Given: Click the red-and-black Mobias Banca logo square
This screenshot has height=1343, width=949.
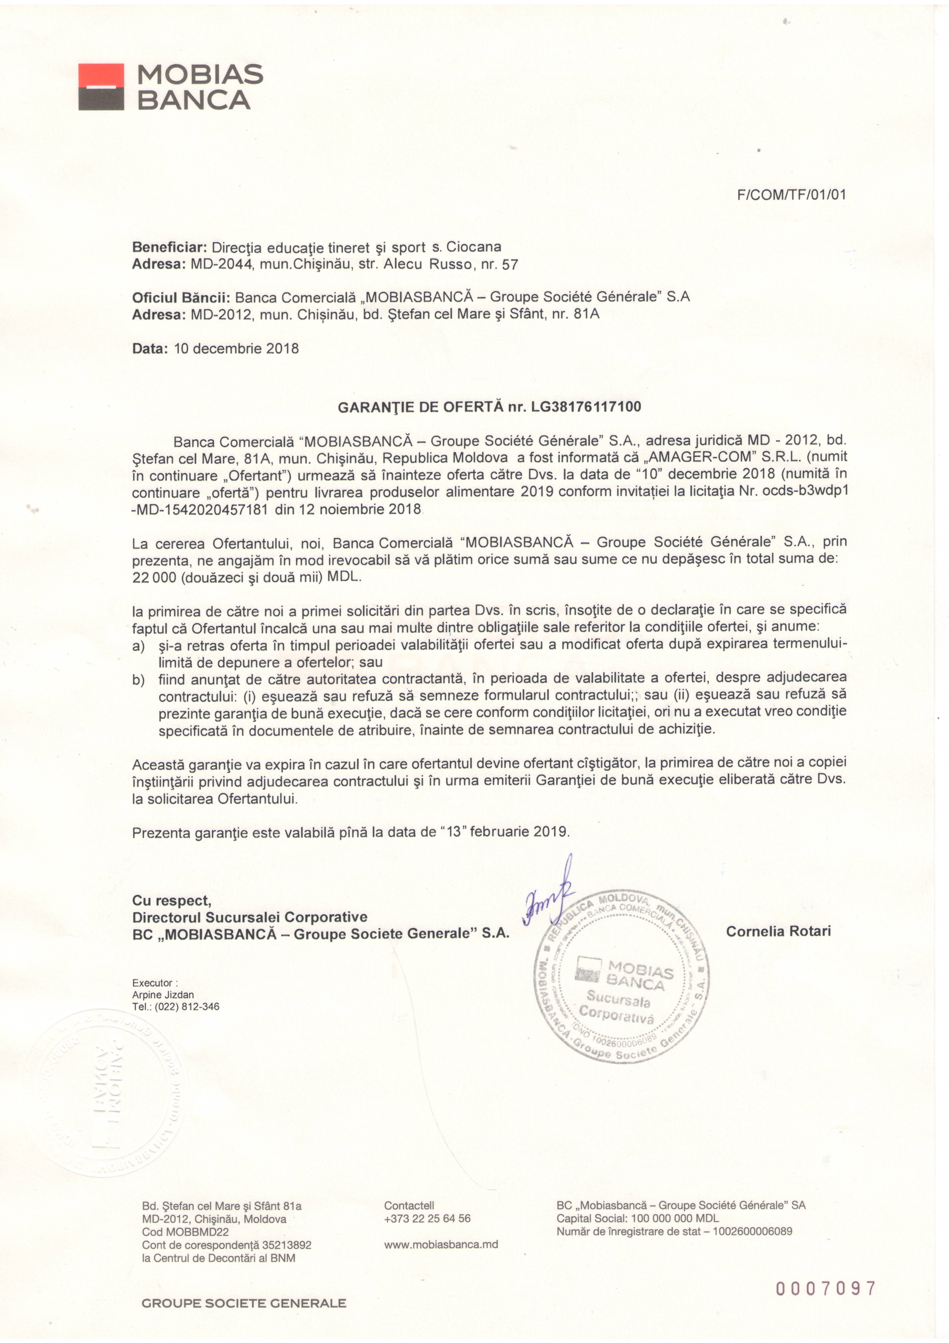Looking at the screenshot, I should point(101,87).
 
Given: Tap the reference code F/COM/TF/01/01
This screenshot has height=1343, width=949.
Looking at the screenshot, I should point(792,195).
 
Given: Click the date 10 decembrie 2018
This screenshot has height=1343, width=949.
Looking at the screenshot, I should point(236,349).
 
